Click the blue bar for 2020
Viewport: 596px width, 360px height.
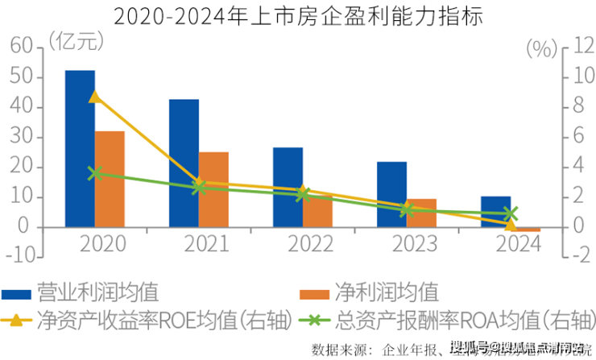pyautogui.click(x=80, y=148)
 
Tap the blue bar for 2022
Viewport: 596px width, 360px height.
pyautogui.click(x=288, y=187)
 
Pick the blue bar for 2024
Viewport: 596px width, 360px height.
pyautogui.click(x=495, y=212)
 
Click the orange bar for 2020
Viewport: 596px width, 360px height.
pyautogui.click(x=110, y=179)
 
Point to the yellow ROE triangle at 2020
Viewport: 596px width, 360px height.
pyautogui.click(x=95, y=97)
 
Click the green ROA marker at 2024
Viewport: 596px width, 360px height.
pyautogui.click(x=511, y=213)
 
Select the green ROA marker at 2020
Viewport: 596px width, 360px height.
pyautogui.click(x=95, y=173)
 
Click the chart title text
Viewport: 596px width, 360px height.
pyautogui.click(x=298, y=14)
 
